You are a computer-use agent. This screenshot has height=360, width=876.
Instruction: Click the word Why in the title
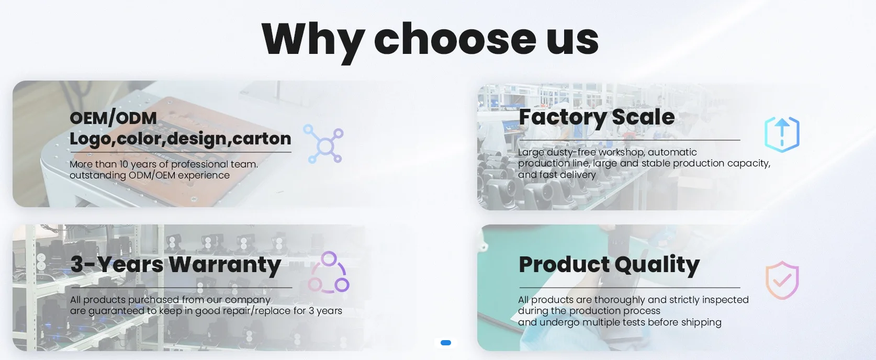tap(313, 41)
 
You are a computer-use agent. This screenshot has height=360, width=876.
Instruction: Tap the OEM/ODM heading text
tap(113, 118)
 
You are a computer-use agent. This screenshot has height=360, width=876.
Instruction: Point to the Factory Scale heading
tap(597, 117)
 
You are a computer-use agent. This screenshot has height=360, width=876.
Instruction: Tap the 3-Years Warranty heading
tap(176, 265)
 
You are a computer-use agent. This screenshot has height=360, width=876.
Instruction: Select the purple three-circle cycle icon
tap(329, 273)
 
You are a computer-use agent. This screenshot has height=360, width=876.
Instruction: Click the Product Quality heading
tap(609, 265)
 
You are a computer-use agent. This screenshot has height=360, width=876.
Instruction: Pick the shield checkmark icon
tap(782, 280)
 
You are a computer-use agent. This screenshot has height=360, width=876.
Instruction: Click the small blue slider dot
tap(446, 343)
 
